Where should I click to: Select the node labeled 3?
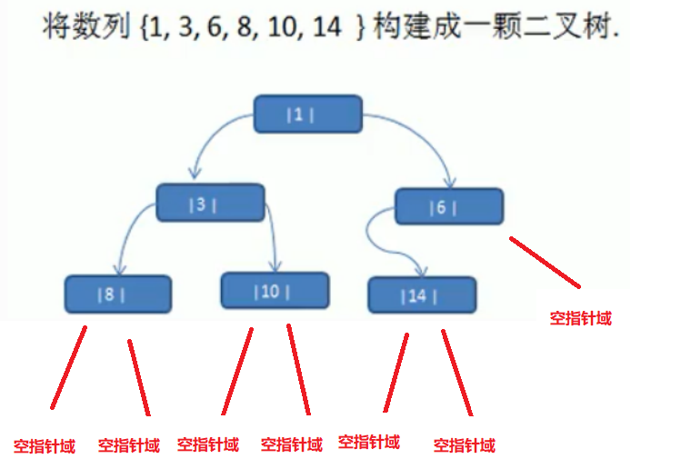tap(210, 203)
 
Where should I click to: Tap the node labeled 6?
tap(448, 207)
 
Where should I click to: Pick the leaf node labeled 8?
tap(117, 294)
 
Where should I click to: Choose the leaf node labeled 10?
tap(275, 291)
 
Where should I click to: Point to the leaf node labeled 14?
tap(422, 295)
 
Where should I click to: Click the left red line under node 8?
tap(69, 367)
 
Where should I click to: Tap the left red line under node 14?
tap(396, 372)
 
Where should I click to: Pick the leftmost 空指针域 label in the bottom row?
tap(44, 446)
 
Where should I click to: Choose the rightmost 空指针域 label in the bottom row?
tap(465, 446)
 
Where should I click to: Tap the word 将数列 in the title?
tap(73, 28)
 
